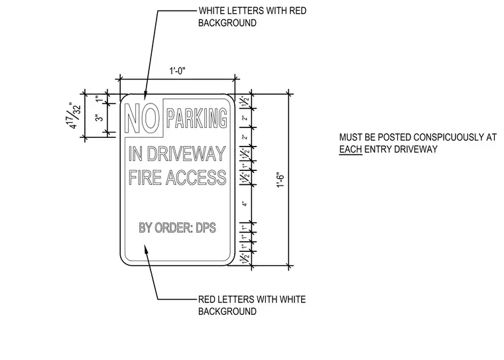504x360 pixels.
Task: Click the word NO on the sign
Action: point(142,118)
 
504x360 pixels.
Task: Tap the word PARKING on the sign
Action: point(197,118)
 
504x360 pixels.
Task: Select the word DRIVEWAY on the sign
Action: point(186,154)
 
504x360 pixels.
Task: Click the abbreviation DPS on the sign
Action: point(206,227)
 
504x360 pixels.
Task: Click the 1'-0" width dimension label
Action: point(178,71)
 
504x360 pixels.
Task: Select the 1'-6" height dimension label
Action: point(281,180)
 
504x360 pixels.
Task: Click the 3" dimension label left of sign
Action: point(100,117)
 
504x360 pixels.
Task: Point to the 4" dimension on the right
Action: point(245,204)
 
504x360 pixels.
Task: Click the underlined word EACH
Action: point(351,149)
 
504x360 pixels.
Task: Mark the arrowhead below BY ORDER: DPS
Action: point(146,249)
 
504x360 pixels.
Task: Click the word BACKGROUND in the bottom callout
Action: point(227,312)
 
